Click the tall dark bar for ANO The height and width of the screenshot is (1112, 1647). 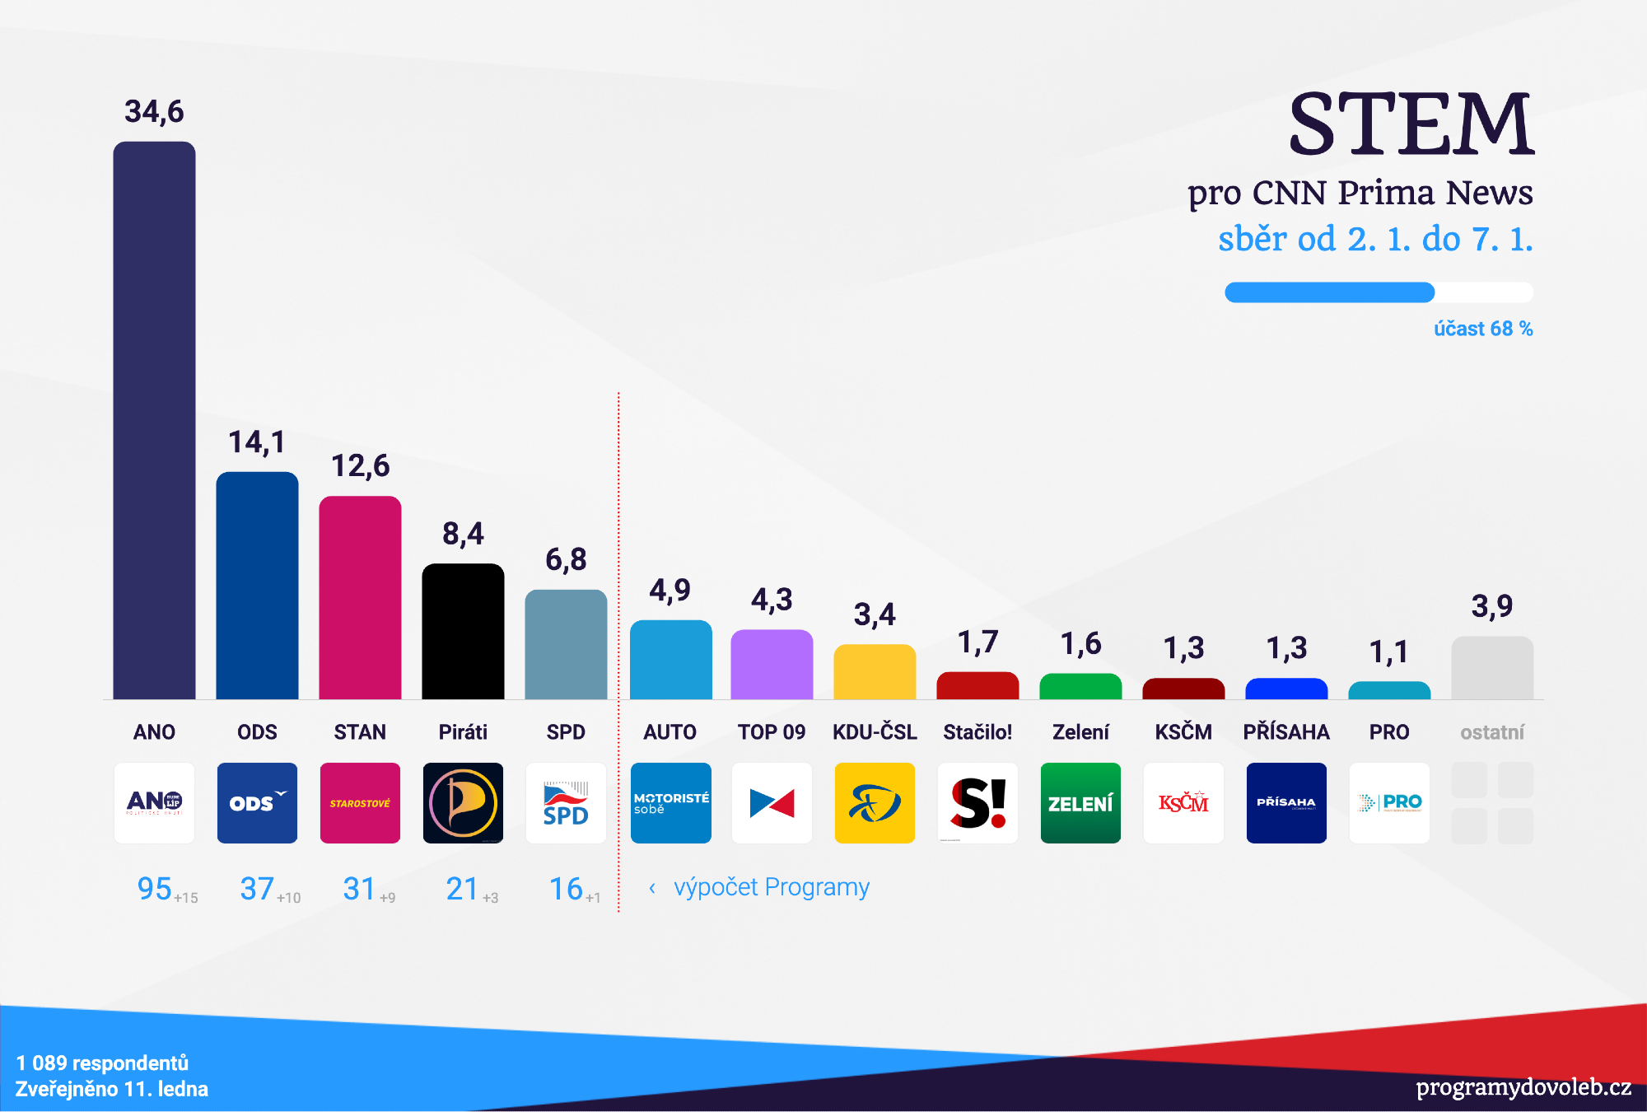coord(154,420)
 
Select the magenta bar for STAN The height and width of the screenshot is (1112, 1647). coord(360,597)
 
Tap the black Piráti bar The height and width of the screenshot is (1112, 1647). coord(463,631)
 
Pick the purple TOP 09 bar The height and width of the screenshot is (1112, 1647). coord(772,664)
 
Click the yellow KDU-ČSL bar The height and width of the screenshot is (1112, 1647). coord(875,671)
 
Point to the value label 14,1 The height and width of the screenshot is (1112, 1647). coord(257,442)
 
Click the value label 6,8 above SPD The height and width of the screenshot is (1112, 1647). coord(566,560)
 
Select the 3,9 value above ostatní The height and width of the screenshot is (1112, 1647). coord(1491,606)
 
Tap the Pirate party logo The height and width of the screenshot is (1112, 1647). coord(463,802)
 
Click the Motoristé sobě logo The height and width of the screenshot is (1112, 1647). coord(670,802)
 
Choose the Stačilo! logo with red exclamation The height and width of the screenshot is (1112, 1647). coord(977,802)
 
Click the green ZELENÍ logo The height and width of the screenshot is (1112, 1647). coord(1080,802)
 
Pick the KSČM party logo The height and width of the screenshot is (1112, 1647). coord(1183,802)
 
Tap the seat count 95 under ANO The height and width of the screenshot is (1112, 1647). coord(155,889)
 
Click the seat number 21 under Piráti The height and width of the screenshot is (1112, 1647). coord(462,889)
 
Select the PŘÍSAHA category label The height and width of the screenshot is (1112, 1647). coord(1285,732)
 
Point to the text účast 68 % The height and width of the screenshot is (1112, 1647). coord(1482,329)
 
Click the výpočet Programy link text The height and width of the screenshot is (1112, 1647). coord(771,887)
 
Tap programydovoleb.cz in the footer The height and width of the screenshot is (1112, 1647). coord(1523,1087)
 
